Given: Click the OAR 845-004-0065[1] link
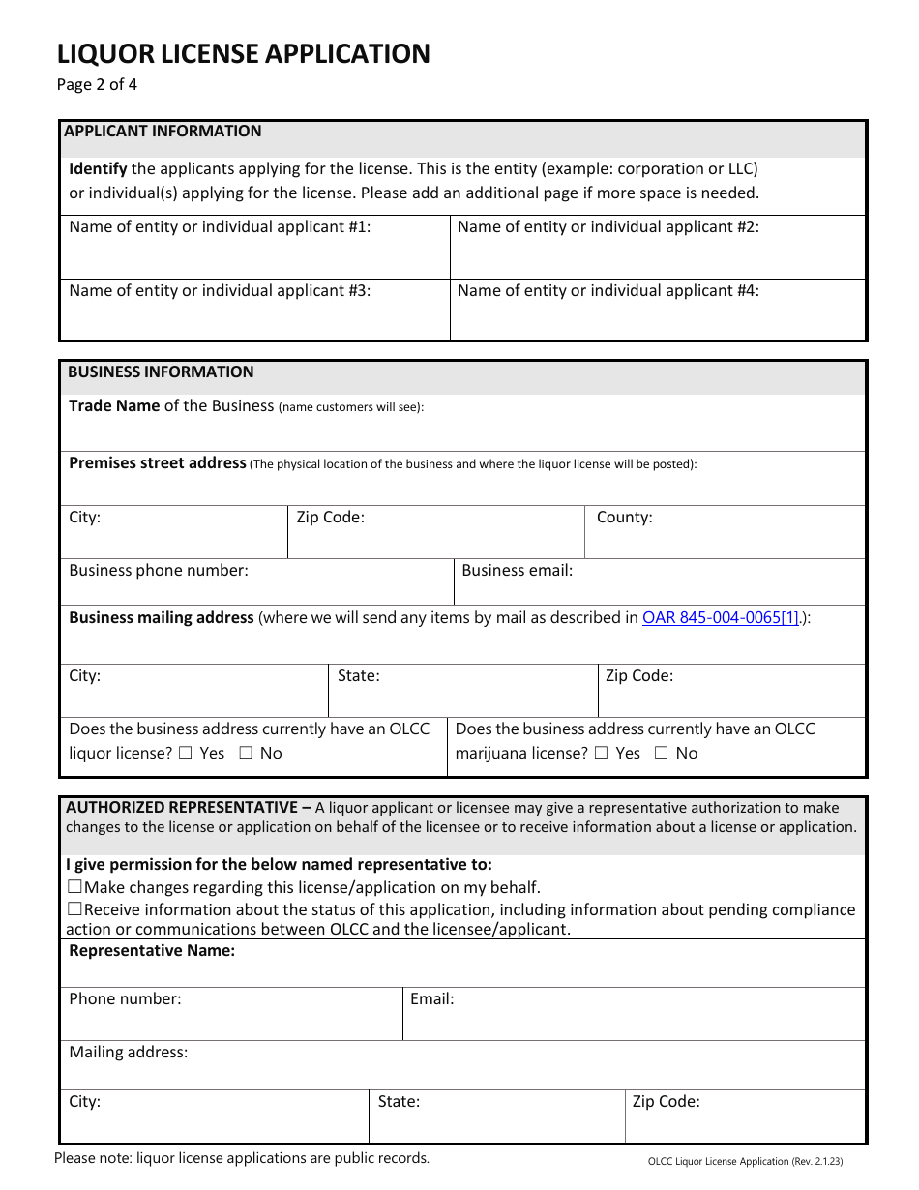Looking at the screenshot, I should click(721, 617).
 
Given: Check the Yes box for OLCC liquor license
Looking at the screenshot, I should click(185, 753).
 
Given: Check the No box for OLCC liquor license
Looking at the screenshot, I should click(244, 753).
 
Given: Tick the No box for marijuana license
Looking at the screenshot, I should click(661, 753).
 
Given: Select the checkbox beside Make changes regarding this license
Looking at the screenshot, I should click(74, 887).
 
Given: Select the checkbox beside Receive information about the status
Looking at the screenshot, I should click(74, 909).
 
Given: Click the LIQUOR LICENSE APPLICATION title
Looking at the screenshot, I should click(243, 53).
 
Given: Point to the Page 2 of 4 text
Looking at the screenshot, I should click(97, 84).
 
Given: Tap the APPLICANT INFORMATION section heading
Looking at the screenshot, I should click(163, 132).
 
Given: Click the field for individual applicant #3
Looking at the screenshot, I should click(254, 317).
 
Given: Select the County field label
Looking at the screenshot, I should click(624, 518).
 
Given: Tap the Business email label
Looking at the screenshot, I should click(517, 571).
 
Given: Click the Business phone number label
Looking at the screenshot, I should click(159, 571).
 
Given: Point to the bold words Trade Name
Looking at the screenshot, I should click(114, 406).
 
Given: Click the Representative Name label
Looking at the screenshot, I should click(152, 951).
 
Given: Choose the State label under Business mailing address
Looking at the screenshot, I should click(358, 676).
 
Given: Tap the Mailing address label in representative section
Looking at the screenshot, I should click(128, 1053).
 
